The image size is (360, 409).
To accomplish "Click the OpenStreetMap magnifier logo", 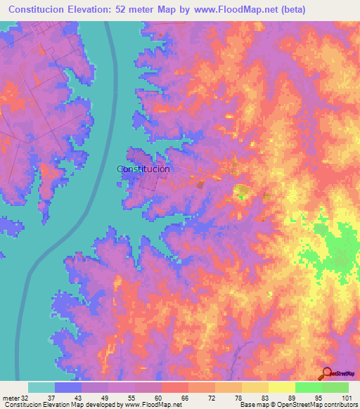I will (326, 373).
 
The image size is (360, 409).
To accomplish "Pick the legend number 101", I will (343, 398).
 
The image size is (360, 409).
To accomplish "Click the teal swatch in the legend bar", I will (41, 387).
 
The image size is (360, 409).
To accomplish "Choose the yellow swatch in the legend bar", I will (281, 387).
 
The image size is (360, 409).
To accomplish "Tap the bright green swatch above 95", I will (308, 387).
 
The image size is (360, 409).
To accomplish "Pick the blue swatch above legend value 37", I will (68, 387).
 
